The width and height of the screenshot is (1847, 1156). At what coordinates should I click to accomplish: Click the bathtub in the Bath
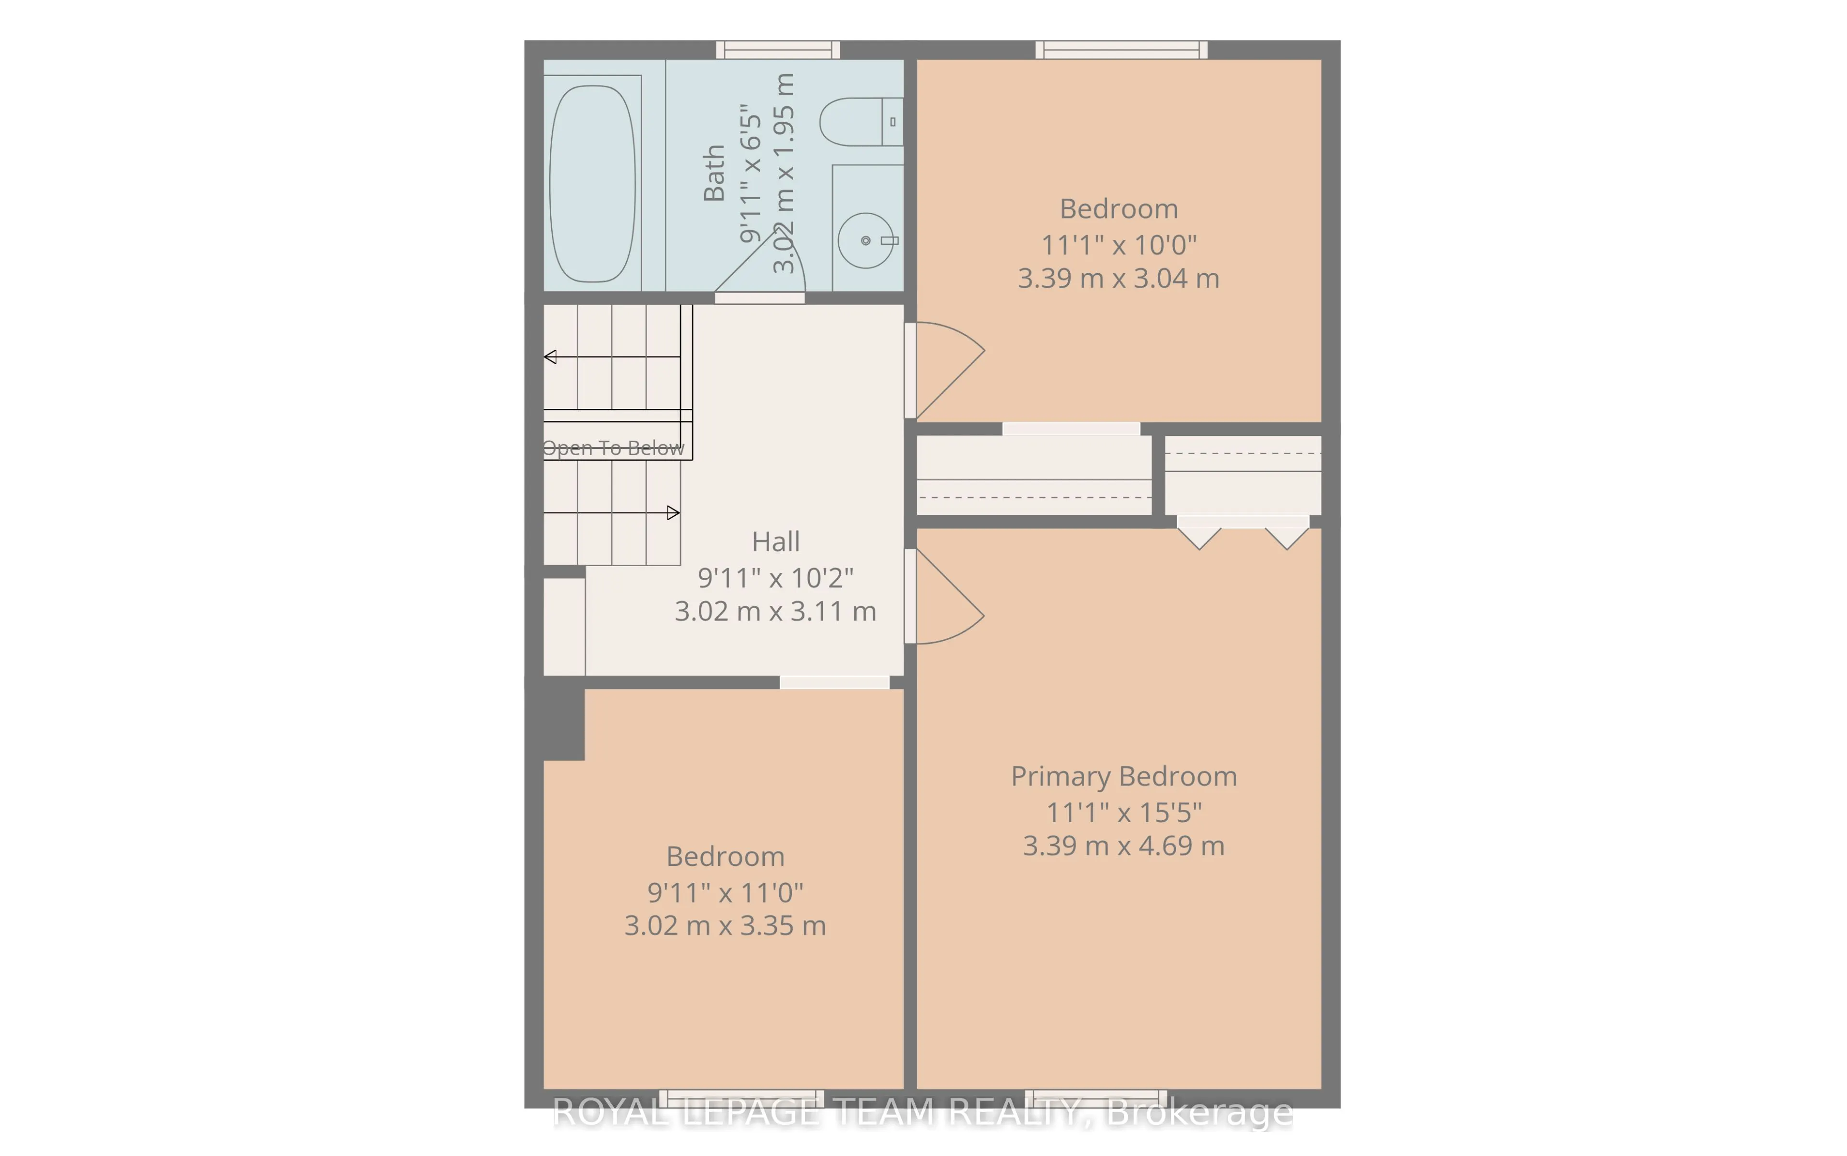(x=593, y=183)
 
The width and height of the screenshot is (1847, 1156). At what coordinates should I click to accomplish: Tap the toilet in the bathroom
(x=861, y=122)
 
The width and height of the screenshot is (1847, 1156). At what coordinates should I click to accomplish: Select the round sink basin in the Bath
(x=865, y=240)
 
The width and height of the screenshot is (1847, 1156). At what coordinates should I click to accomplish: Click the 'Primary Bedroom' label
(x=1124, y=777)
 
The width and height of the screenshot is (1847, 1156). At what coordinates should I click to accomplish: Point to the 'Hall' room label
(x=776, y=541)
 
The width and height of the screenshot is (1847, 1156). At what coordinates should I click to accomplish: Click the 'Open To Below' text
(x=613, y=448)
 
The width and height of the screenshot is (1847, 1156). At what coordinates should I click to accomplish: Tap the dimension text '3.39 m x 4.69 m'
(x=1124, y=846)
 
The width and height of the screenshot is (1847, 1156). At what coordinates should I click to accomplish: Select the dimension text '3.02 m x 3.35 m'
(x=725, y=926)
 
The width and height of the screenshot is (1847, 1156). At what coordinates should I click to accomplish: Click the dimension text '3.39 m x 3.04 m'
(x=1118, y=278)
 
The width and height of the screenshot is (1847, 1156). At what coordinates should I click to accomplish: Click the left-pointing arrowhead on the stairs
(x=550, y=357)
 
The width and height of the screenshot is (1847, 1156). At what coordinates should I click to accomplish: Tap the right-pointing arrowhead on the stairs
(x=673, y=512)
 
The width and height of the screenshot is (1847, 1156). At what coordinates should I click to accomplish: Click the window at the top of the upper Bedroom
(x=1122, y=50)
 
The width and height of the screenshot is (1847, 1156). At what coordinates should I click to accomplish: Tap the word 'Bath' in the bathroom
(x=714, y=173)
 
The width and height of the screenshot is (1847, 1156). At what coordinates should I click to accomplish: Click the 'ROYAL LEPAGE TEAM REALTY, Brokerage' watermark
(x=923, y=1112)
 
